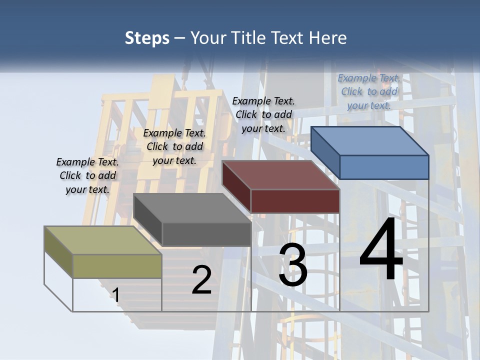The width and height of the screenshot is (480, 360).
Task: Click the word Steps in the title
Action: (x=147, y=38)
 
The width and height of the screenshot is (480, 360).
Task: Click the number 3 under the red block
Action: (x=293, y=265)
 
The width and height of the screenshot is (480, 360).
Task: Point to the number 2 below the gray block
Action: (x=201, y=280)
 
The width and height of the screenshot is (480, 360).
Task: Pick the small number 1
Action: (x=116, y=295)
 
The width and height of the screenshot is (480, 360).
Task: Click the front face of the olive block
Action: (x=117, y=266)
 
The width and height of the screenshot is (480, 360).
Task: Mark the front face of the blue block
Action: (x=384, y=167)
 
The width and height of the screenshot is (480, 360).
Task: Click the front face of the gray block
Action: (x=206, y=234)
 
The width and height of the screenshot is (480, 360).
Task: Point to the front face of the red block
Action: (x=295, y=201)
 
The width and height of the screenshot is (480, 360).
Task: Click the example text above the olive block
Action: (x=87, y=176)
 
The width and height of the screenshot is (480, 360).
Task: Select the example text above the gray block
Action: (x=174, y=146)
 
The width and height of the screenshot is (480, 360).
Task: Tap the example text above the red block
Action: (x=263, y=114)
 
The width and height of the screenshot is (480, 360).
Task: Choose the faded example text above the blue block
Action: (x=369, y=91)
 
